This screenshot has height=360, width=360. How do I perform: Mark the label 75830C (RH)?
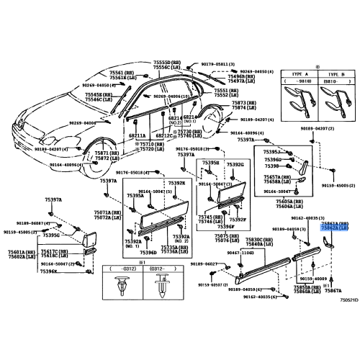click(259, 239)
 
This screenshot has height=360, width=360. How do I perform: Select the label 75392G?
click(235, 165)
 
